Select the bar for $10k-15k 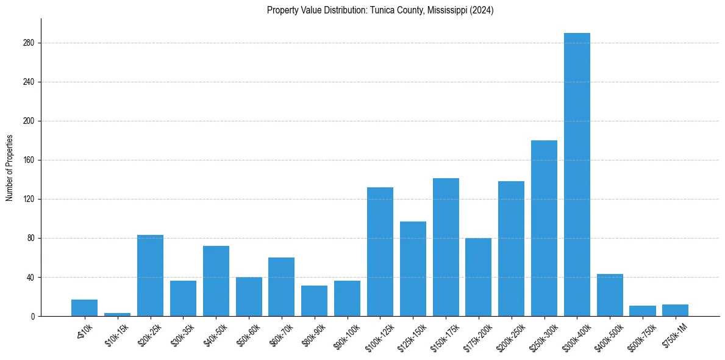pos(117,314)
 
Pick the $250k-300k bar pos(544,229)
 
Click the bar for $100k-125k pos(380,252)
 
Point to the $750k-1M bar pos(675,310)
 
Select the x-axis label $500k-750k pos(642,333)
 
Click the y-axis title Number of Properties pos(9,167)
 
